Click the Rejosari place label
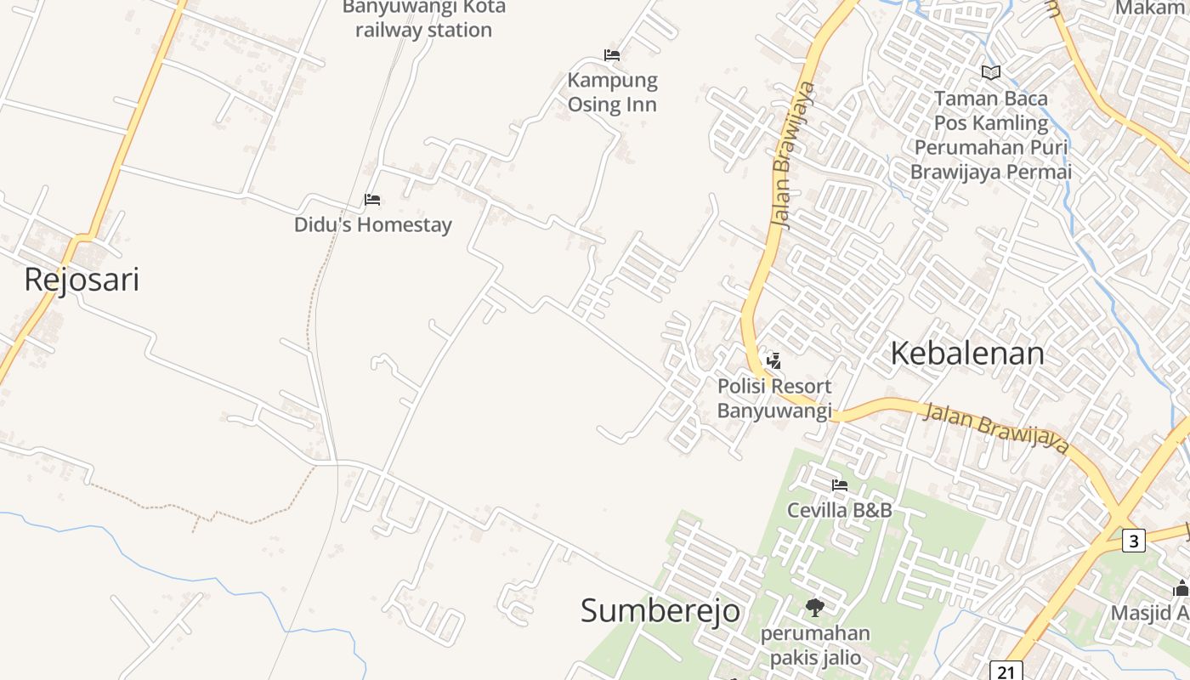click(82, 280)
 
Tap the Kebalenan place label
click(966, 354)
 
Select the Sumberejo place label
click(660, 610)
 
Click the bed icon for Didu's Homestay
click(372, 200)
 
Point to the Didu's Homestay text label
click(372, 225)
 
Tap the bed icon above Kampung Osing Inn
click(612, 55)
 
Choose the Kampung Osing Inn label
click(612, 93)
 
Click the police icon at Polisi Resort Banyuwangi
click(773, 360)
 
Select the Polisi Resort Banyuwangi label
click(773, 399)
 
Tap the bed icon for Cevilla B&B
click(840, 485)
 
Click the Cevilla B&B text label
click(840, 511)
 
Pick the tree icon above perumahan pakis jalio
click(815, 608)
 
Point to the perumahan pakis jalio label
click(815, 646)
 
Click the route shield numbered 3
click(1133, 540)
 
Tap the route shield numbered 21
click(1006, 671)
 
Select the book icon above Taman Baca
click(991, 72)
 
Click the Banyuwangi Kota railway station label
click(423, 19)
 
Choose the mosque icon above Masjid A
click(1181, 587)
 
